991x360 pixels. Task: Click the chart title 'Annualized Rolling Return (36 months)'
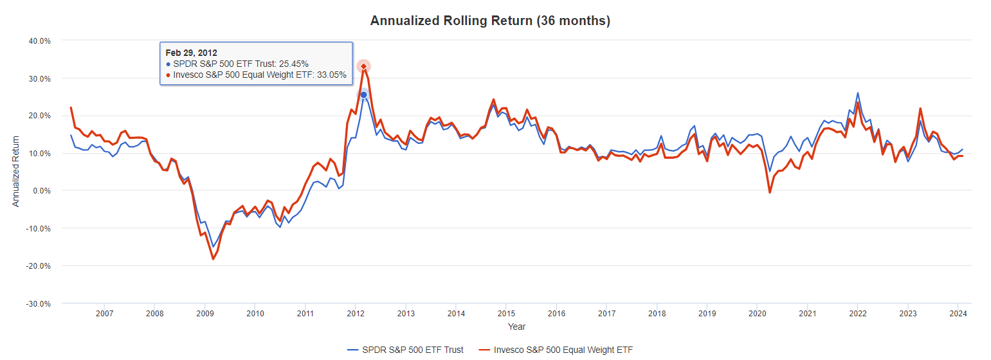tap(490, 21)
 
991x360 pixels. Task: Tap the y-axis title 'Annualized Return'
tap(16, 171)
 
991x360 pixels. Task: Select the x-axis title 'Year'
tap(516, 327)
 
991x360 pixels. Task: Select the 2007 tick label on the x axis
tap(104, 314)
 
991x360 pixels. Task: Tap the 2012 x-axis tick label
tap(355, 314)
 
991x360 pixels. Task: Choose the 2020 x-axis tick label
tap(756, 314)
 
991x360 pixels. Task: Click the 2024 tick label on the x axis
tap(957, 314)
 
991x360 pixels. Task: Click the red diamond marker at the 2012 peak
tap(364, 66)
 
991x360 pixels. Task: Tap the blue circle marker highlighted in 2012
tap(363, 94)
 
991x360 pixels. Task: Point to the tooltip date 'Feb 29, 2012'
tap(191, 53)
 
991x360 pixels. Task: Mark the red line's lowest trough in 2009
tap(213, 259)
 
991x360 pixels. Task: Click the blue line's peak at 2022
tap(857, 93)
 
